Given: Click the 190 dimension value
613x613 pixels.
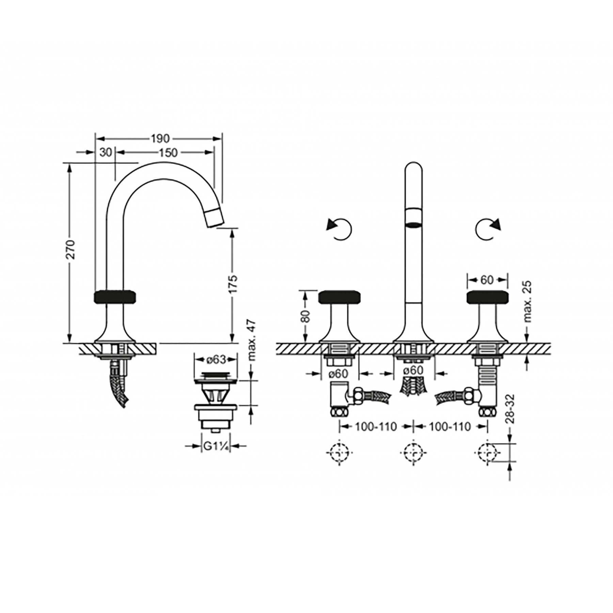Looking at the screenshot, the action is pyautogui.click(x=160, y=139).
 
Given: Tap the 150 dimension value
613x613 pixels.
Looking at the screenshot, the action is pyautogui.click(x=168, y=153).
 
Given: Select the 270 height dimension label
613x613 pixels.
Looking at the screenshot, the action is pyautogui.click(x=70, y=250).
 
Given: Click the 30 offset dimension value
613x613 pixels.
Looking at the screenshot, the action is pyautogui.click(x=106, y=153).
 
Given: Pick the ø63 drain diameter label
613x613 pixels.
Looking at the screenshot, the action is pyautogui.click(x=216, y=359).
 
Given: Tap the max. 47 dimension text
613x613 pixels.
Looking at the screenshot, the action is pyautogui.click(x=252, y=341).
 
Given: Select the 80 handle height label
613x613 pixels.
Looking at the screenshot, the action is pyautogui.click(x=306, y=316).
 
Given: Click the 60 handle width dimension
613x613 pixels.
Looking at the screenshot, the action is pyautogui.click(x=487, y=280).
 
